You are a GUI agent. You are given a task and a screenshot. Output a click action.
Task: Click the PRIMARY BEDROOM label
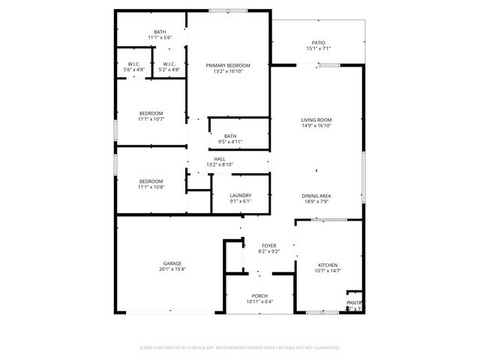228,66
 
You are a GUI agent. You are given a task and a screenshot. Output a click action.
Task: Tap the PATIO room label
318,43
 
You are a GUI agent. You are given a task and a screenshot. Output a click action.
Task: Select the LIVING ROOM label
316,120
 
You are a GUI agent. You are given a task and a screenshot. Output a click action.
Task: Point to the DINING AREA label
316,196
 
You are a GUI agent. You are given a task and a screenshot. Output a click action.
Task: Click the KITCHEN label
328,265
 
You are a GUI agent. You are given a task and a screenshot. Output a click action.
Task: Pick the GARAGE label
172,263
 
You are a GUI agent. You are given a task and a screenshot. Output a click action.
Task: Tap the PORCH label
259,296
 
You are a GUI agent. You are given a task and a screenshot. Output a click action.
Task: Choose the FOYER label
268,246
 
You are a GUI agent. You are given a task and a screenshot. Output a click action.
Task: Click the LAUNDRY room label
240,196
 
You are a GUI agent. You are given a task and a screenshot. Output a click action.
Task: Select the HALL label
220,159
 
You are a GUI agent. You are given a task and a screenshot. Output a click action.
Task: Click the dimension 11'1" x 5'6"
160,37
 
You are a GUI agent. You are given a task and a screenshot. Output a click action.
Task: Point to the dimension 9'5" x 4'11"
229,142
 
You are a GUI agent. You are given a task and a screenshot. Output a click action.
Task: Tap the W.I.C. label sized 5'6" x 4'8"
133,64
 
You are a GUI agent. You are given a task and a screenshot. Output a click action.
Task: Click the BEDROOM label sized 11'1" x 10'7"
150,113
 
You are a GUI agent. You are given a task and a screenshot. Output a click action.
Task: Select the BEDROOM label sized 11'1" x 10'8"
150,181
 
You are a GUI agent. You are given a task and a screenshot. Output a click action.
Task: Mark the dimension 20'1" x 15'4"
172,269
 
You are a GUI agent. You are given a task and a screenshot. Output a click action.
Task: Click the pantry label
353,302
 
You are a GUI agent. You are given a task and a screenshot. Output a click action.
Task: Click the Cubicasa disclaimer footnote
240,348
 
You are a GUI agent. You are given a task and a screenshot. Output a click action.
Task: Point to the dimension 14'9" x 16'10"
316,126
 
